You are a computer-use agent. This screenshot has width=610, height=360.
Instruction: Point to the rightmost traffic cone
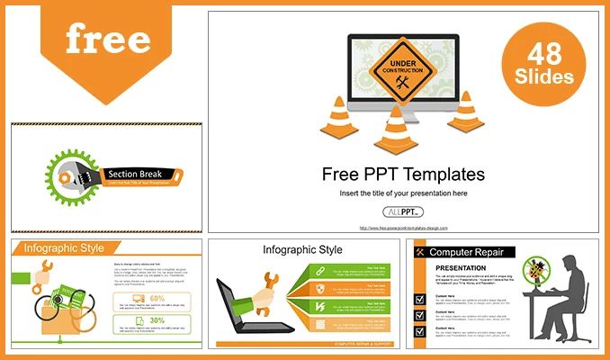(465, 112)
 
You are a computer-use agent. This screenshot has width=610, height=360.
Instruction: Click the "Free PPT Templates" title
(402, 175)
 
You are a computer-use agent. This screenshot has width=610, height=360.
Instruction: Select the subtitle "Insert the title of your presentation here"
(402, 193)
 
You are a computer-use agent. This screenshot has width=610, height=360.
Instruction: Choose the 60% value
(157, 298)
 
